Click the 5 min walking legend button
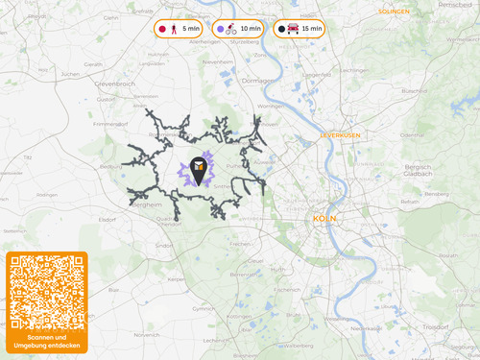[x=180, y=30]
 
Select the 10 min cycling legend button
[x=239, y=30]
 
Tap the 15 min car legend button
[x=300, y=30]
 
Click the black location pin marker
[x=199, y=170]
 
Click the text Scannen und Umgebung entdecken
[x=47, y=342]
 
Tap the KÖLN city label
[x=324, y=219]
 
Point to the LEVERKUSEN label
[x=341, y=135]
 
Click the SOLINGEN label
[x=394, y=12]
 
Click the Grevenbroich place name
[x=112, y=84]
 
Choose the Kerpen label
[x=175, y=279]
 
